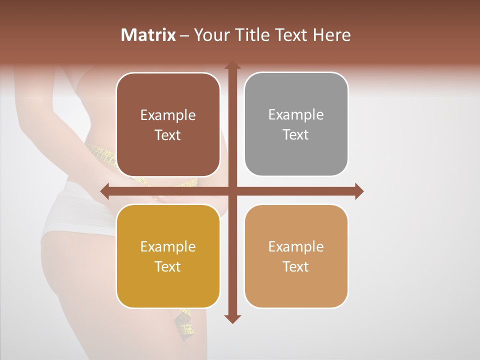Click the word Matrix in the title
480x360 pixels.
[x=148, y=35]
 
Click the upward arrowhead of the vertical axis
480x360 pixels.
[x=232, y=66]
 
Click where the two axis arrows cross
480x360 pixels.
[x=232, y=191]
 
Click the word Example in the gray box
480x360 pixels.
[x=296, y=114]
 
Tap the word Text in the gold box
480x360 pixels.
[x=168, y=266]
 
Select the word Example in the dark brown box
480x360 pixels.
[x=168, y=115]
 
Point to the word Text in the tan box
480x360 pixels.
[x=296, y=266]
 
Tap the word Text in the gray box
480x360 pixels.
[x=296, y=134]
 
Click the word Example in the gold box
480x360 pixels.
[x=168, y=246]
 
